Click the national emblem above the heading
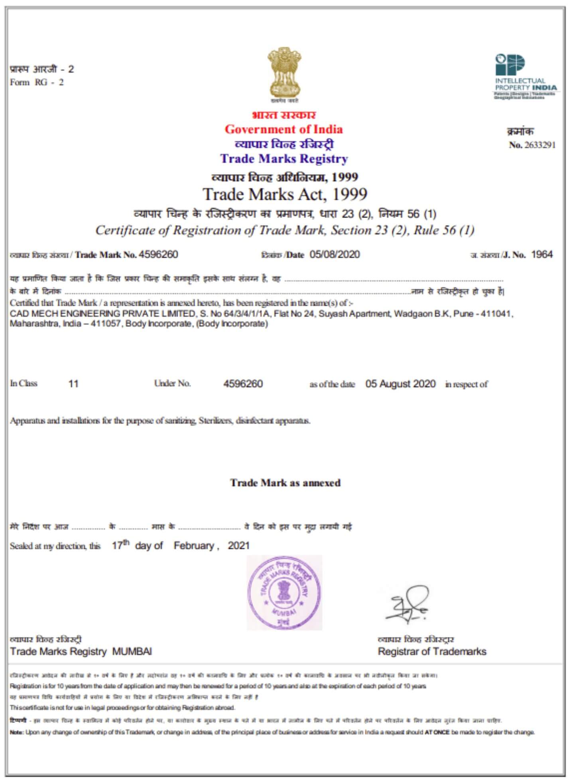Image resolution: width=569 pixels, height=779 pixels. (x=284, y=74)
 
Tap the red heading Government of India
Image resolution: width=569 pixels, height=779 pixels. (x=284, y=129)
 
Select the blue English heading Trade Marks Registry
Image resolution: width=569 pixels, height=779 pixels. (x=284, y=159)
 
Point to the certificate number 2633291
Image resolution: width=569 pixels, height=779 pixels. (x=540, y=145)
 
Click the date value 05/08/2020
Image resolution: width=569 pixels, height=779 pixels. (x=335, y=254)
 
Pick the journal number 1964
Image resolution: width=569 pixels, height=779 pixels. (x=542, y=254)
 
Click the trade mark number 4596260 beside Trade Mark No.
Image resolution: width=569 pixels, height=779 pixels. (x=158, y=254)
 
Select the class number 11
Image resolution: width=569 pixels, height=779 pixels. (x=73, y=384)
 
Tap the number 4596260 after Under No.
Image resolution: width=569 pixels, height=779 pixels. (x=243, y=384)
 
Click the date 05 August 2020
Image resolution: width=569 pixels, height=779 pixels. (x=400, y=384)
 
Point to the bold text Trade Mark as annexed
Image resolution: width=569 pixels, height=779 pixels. (x=285, y=483)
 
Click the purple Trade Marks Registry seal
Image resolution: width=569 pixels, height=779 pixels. (x=284, y=593)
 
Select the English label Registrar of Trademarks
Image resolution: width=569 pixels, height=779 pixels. (x=432, y=651)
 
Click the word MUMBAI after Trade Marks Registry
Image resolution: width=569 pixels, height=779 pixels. (x=132, y=651)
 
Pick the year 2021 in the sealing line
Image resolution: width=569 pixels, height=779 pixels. (x=238, y=546)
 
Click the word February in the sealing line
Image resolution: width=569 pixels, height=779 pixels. (x=194, y=546)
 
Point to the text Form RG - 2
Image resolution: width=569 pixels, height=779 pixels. (x=37, y=83)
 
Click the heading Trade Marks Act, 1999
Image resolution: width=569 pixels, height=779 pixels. (x=285, y=194)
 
